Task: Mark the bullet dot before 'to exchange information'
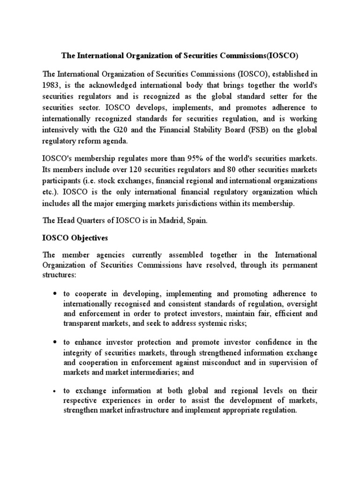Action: tap(55, 391)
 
